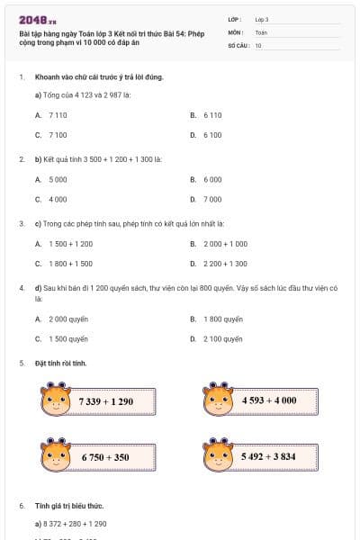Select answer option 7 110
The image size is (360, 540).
pos(58,115)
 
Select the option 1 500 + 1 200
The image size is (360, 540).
pos(70,243)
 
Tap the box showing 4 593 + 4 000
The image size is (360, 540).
pos(270,400)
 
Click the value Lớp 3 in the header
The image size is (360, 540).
pos(262,19)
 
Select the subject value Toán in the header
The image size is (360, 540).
pos(261,31)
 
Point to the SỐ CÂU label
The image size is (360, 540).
pos(238,44)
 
